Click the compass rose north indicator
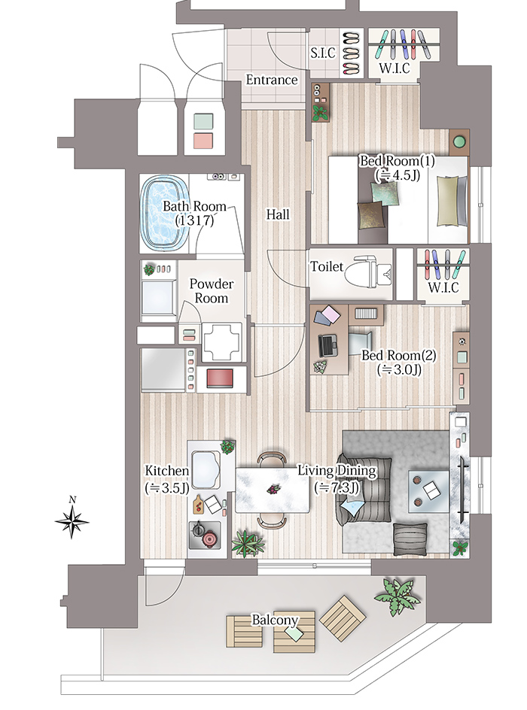(x=72, y=520)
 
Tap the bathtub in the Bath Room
(x=164, y=214)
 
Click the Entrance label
(x=272, y=80)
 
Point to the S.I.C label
(x=323, y=53)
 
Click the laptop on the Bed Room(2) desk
(x=328, y=345)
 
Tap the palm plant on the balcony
(x=398, y=596)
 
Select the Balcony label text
(x=275, y=620)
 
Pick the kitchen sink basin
(x=206, y=469)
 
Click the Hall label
(x=278, y=214)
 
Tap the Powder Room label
(x=211, y=291)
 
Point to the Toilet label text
(x=327, y=266)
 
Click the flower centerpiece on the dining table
(x=273, y=489)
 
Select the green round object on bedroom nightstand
(x=459, y=141)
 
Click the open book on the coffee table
(x=431, y=489)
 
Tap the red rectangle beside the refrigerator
(x=220, y=378)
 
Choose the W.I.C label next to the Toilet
(x=443, y=287)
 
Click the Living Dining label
(x=337, y=472)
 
